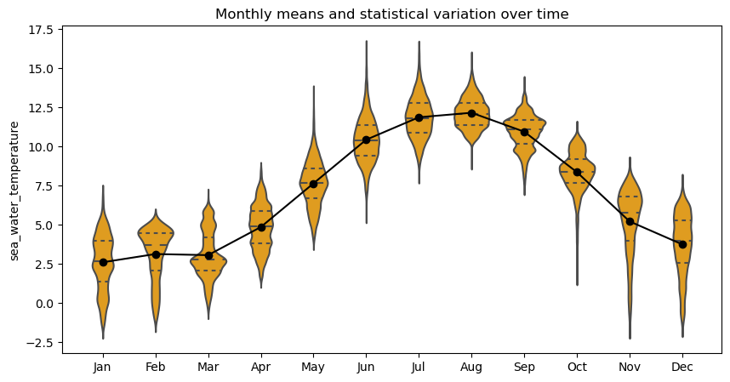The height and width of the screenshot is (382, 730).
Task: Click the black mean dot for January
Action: tap(103, 262)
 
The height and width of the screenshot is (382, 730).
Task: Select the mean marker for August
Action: tap(471, 113)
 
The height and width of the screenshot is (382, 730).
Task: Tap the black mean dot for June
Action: tap(366, 140)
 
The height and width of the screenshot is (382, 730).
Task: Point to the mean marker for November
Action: tap(630, 221)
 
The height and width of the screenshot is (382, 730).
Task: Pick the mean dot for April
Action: tap(261, 227)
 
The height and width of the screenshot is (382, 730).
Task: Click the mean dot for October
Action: tap(577, 172)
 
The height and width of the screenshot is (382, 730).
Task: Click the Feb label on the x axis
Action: tap(156, 367)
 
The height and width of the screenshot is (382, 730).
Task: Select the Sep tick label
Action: tap(524, 367)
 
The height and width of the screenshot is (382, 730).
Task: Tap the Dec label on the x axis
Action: tap(682, 367)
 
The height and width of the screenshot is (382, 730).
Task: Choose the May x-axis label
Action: tap(314, 367)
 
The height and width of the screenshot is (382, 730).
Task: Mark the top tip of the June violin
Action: tap(366, 41)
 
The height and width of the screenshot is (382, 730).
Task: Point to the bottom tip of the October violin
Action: tap(577, 285)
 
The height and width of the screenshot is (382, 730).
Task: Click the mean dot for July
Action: tap(419, 117)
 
